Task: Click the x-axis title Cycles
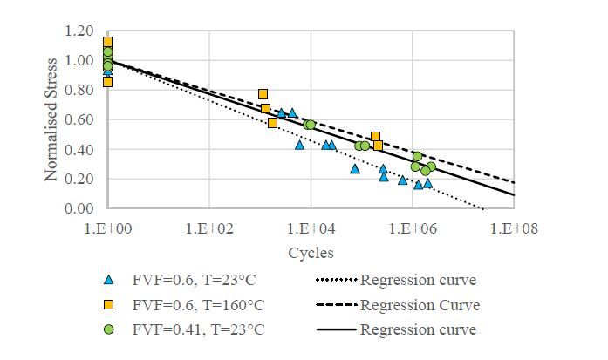tap(311, 253)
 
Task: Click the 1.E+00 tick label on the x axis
tap(107, 229)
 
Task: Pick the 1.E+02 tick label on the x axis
tap(209, 229)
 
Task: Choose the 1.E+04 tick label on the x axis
tap(311, 229)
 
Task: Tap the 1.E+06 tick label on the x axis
tap(413, 229)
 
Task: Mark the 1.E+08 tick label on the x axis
tap(514, 229)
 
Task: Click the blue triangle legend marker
tap(108, 281)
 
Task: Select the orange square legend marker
tap(108, 305)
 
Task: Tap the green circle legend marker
tap(108, 329)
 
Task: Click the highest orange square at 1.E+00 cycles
tap(107, 42)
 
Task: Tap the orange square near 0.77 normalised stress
tap(263, 94)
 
